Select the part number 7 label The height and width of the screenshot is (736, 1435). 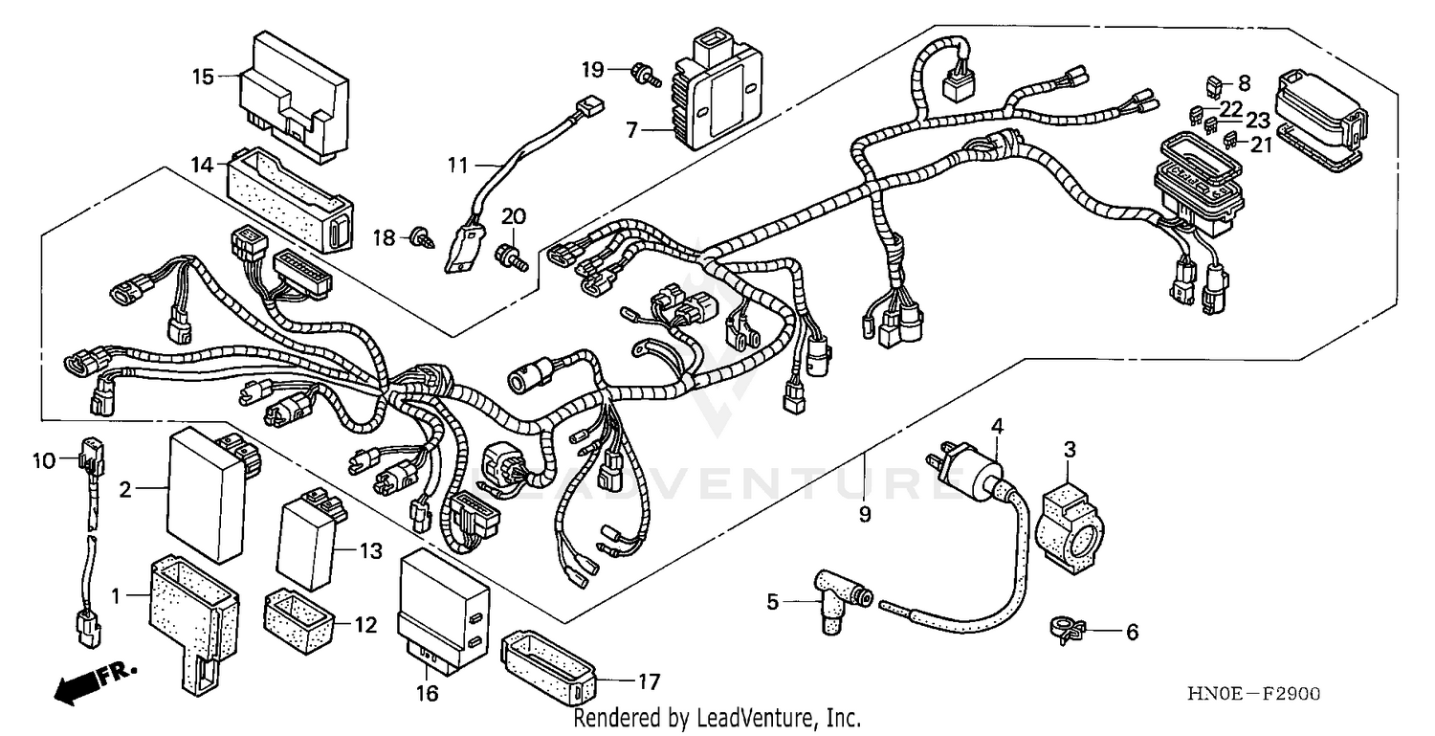coord(631,130)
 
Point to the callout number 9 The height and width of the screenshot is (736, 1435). coord(865,515)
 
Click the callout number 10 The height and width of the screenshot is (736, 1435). coord(45,460)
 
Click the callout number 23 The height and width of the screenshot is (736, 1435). coord(1257,122)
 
